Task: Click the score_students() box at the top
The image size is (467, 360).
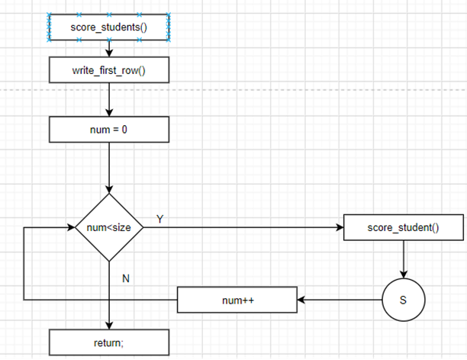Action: tap(110, 28)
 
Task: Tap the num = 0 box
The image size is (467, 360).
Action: tap(110, 129)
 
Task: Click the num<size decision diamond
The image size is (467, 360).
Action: tap(110, 227)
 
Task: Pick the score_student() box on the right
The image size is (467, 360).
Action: tap(404, 227)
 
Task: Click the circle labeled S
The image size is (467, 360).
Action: tap(404, 300)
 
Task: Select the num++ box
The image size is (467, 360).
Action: tap(237, 300)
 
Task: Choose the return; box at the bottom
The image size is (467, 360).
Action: tap(110, 342)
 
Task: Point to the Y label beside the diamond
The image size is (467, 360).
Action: tap(159, 219)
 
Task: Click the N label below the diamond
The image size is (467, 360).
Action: tap(126, 278)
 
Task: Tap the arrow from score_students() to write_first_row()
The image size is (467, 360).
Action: tap(110, 50)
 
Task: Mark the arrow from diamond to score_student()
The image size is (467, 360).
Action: tap(244, 227)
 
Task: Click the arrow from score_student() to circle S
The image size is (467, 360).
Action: tap(404, 259)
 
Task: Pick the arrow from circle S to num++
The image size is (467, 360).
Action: tap(340, 300)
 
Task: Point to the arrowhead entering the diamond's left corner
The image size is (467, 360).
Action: tap(71, 227)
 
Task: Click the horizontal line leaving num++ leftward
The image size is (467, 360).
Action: tap(99, 300)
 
